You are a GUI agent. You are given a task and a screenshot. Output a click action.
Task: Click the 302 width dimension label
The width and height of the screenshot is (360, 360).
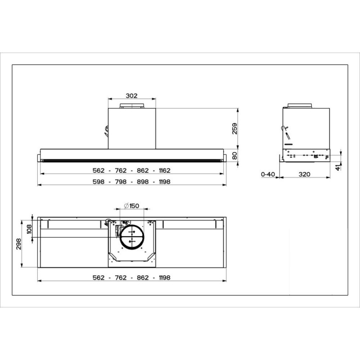point(131,96)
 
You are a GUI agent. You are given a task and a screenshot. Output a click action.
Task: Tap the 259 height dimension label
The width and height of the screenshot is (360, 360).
point(234,129)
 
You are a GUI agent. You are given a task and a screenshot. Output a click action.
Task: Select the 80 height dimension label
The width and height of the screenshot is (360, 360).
point(234,156)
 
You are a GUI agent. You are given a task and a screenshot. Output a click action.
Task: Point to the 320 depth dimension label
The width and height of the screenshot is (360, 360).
point(305,175)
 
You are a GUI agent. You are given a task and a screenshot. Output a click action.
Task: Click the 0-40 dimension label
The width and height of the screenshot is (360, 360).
point(268,175)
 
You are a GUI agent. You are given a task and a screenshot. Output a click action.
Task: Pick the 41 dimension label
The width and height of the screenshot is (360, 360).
point(338,167)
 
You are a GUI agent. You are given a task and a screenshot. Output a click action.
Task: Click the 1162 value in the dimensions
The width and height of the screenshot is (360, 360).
point(165,171)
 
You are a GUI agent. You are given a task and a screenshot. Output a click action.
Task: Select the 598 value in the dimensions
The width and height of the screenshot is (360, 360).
point(99,182)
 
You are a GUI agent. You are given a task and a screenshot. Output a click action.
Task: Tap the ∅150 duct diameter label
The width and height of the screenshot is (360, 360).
point(131,206)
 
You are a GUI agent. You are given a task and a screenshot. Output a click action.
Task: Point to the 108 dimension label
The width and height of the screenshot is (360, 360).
point(29,229)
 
